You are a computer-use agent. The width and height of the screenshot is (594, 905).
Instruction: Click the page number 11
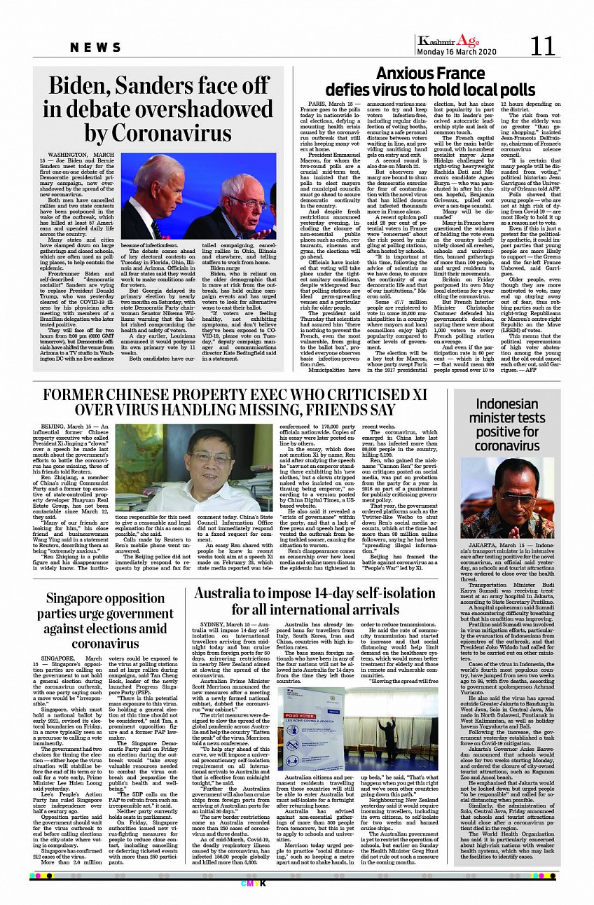(x=543, y=46)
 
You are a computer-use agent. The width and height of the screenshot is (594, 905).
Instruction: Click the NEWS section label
(x=96, y=47)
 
